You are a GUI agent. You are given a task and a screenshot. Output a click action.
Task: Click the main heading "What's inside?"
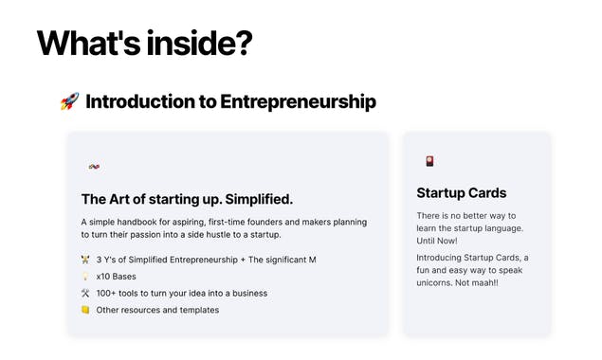(x=144, y=44)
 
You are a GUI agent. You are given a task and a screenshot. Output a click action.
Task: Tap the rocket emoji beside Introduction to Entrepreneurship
(x=69, y=101)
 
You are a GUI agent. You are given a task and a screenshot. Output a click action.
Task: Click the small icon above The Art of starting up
(x=94, y=167)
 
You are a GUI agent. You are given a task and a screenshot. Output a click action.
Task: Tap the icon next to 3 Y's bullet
(x=85, y=259)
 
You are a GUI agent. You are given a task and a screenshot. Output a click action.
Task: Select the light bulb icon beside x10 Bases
(x=85, y=276)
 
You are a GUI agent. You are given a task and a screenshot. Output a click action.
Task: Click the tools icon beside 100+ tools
(x=85, y=293)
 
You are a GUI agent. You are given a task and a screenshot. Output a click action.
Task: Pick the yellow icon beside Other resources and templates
(x=85, y=310)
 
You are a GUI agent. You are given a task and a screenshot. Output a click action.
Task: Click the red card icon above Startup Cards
(x=429, y=161)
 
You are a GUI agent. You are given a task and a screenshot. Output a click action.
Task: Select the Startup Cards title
(x=461, y=193)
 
